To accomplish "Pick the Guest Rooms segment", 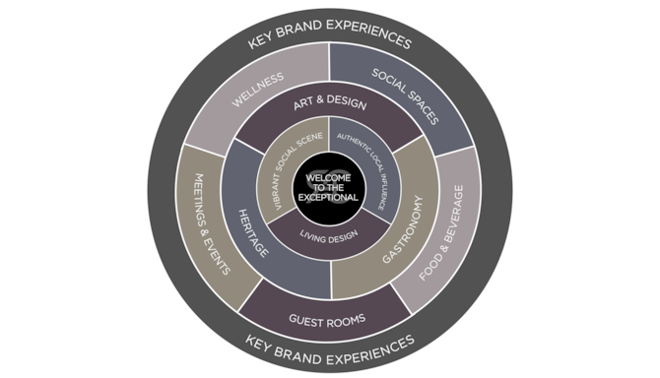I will [x=328, y=319].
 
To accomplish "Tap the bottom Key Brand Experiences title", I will [x=329, y=345].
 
